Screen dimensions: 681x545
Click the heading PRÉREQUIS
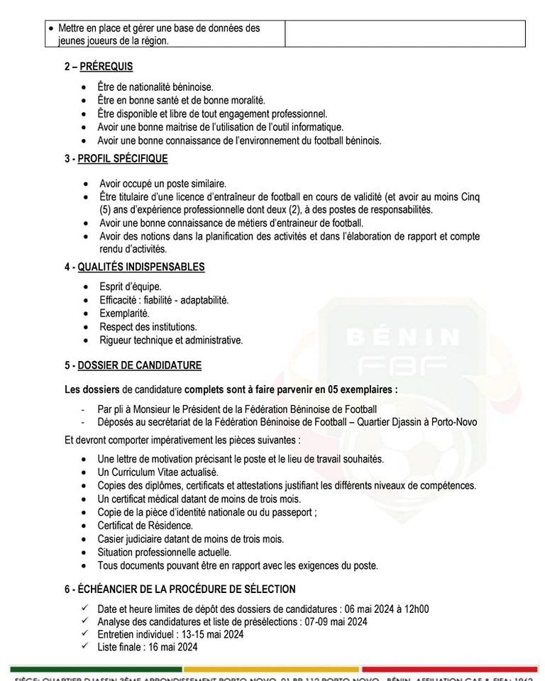pos(106,67)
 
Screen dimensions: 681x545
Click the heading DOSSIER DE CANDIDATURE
pos(139,366)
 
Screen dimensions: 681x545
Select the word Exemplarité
pos(124,314)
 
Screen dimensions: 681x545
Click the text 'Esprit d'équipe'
pos(130,287)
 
